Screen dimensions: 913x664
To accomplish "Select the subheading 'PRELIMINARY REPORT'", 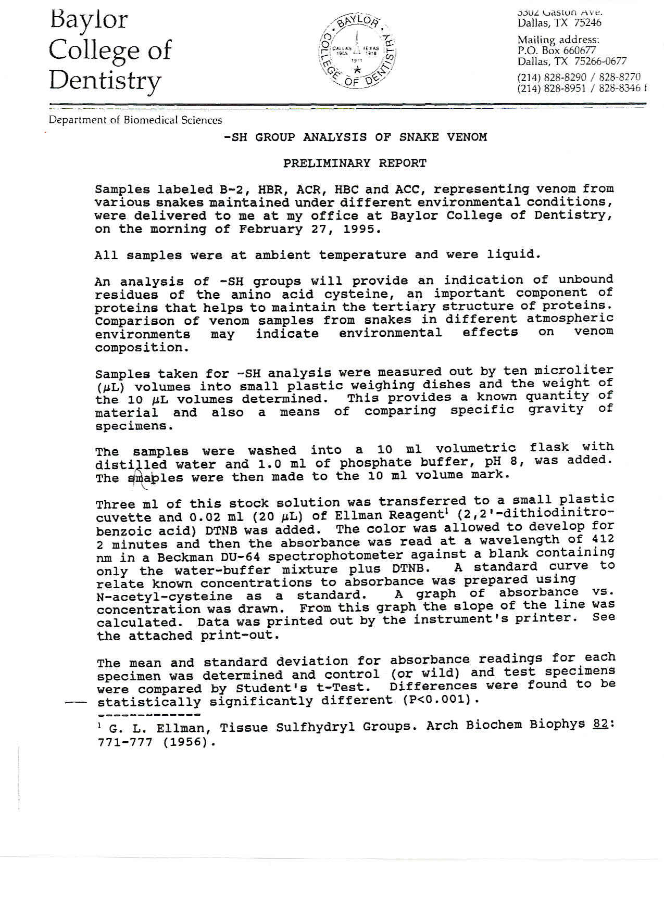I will (x=355, y=163).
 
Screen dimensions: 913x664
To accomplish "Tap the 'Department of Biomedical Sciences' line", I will (x=135, y=120).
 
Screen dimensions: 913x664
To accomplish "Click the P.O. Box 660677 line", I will (x=556, y=50).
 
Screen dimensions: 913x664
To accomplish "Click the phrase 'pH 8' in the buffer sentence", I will (x=504, y=461).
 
